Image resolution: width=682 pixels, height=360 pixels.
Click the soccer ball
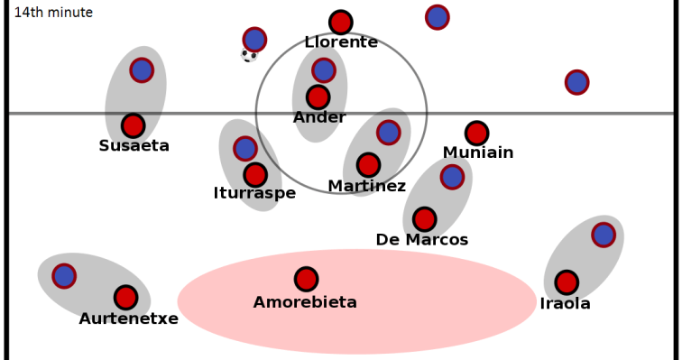(249, 56)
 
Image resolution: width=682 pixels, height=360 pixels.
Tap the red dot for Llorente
(340, 23)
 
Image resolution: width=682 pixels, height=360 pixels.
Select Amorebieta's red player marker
(307, 279)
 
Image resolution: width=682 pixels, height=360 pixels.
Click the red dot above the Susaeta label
(134, 125)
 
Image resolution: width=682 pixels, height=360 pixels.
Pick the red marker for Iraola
(567, 282)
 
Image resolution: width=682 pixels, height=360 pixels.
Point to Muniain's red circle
(476, 134)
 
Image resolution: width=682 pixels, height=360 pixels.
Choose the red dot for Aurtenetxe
(126, 297)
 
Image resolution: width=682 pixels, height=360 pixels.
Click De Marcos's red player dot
(424, 219)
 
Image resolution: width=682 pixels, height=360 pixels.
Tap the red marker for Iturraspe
(255, 175)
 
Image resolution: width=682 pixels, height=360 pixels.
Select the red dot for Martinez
(368, 165)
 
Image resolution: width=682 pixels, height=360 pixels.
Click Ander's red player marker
(318, 97)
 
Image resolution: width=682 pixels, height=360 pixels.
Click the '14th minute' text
(53, 13)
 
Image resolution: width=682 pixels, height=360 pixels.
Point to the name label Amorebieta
(305, 302)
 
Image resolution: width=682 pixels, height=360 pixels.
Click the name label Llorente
(341, 42)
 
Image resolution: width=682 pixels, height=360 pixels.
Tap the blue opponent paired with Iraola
(604, 235)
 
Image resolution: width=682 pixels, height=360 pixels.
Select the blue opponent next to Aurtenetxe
(64, 275)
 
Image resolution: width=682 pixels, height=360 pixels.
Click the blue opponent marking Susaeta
(142, 69)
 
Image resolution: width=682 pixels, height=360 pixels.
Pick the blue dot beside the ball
(255, 39)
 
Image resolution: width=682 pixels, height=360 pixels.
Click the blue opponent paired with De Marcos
(452, 177)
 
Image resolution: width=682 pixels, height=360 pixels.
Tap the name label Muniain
(478, 153)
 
